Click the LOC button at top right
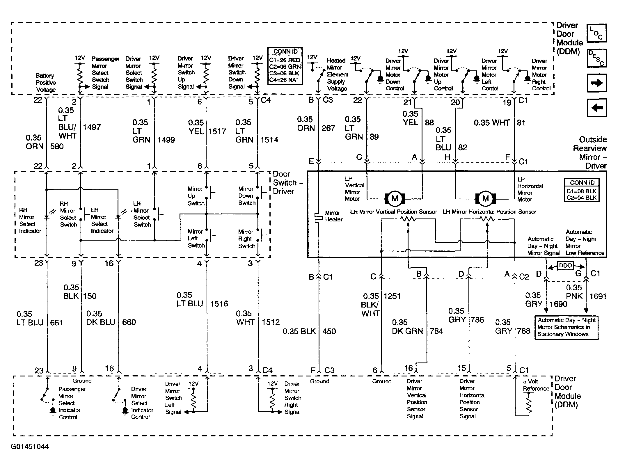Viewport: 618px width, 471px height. [596, 33]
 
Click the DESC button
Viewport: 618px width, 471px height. [596, 58]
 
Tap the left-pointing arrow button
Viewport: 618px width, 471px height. [596, 108]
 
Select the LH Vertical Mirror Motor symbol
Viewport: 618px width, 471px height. [395, 199]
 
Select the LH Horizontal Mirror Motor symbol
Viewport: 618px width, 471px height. [485, 199]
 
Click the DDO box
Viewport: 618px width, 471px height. [566, 265]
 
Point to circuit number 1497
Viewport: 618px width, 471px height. [92, 127]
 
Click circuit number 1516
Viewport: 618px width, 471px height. [219, 304]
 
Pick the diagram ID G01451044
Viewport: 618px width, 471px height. [30, 447]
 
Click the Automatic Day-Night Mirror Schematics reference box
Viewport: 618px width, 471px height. [566, 327]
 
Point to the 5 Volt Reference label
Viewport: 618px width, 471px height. [536, 385]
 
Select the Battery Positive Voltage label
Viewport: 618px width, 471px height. [46, 83]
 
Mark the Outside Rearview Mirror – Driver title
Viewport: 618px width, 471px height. [590, 152]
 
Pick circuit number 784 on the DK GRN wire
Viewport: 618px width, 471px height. [436, 331]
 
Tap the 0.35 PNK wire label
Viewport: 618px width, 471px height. [574, 292]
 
